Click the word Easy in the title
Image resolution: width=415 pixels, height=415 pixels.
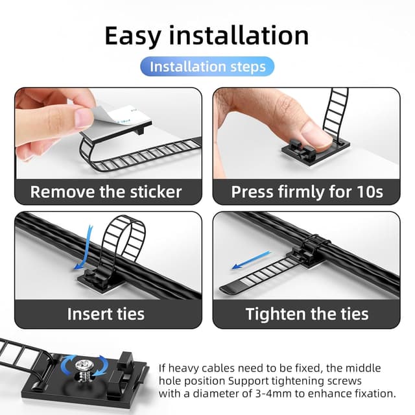[x=132, y=36]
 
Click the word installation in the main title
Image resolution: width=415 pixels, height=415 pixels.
[x=239, y=35]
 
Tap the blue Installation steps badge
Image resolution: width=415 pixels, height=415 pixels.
[x=207, y=66]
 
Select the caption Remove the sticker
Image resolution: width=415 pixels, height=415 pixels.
[x=106, y=192]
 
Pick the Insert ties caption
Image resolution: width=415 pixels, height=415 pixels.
[x=106, y=314]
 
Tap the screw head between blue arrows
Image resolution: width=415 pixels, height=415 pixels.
[x=84, y=365]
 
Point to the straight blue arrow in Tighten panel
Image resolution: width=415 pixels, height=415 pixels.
[x=251, y=260]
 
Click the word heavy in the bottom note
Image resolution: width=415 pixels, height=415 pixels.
[x=183, y=368]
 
